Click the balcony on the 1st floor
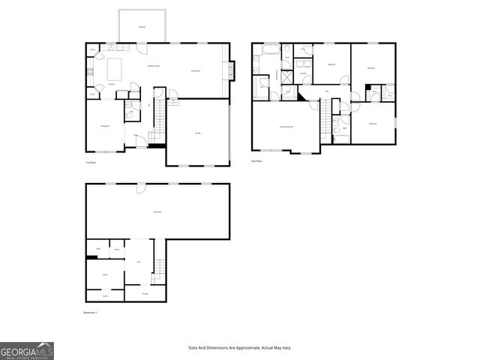tap(142, 27)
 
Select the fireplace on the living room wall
tap(229, 71)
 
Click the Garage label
tap(198, 133)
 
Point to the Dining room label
tap(106, 127)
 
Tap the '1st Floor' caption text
tap(90, 162)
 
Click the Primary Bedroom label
tap(286, 127)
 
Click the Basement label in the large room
tap(157, 213)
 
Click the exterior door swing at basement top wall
tap(140, 189)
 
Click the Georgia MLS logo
tap(27, 350)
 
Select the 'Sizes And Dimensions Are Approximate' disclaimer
tap(240, 348)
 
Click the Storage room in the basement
tap(145, 293)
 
